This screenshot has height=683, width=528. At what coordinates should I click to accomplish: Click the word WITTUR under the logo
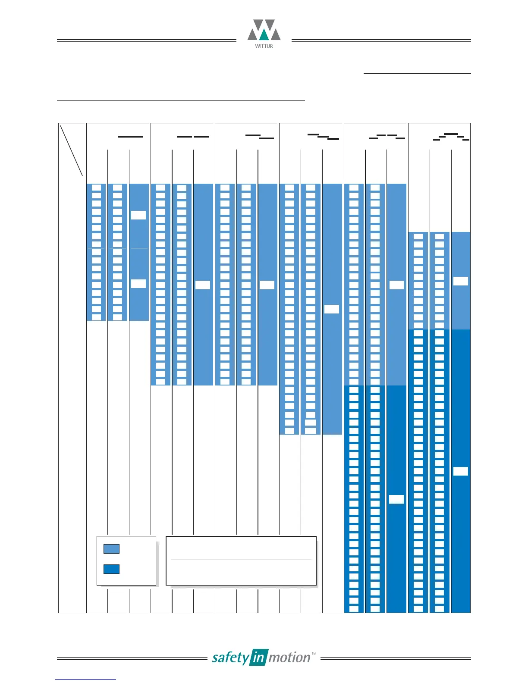(x=264, y=46)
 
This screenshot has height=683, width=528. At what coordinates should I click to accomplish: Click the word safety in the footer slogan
(x=230, y=658)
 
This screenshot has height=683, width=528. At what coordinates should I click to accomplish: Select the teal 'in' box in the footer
(x=258, y=658)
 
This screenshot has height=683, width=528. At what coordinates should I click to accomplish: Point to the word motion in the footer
(x=289, y=658)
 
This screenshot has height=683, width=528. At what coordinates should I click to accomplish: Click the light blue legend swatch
(x=111, y=549)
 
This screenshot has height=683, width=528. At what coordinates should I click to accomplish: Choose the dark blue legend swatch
(x=111, y=569)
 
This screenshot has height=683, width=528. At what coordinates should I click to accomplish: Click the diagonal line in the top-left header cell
(x=72, y=150)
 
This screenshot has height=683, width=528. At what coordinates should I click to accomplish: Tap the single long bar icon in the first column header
(x=130, y=137)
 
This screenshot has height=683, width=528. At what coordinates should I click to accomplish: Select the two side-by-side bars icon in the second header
(x=193, y=137)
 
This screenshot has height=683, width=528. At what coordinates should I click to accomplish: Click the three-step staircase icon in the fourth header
(x=323, y=137)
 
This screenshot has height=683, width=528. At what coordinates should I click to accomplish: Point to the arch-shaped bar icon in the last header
(x=451, y=137)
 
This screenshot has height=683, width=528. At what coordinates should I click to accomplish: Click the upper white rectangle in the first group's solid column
(x=138, y=215)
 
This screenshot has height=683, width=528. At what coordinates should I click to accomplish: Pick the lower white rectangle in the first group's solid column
(x=138, y=284)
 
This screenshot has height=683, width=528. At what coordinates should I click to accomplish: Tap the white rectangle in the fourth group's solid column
(x=332, y=309)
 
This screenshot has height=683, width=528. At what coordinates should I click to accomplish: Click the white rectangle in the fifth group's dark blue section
(x=396, y=499)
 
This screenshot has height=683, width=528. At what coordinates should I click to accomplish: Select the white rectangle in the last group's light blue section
(x=461, y=281)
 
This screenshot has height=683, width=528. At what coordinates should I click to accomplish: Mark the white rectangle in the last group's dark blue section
(x=461, y=471)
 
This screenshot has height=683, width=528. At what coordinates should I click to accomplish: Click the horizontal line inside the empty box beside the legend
(x=241, y=560)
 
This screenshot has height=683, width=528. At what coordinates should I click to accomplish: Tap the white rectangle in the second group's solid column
(x=203, y=285)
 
